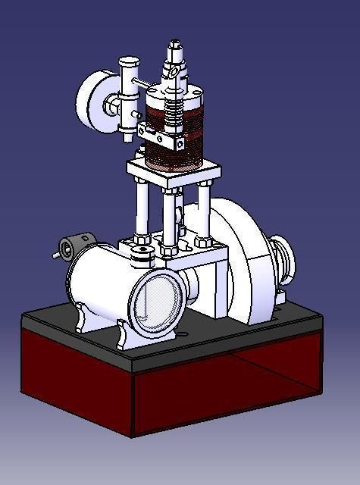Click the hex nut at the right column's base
pyautogui.click(x=203, y=242)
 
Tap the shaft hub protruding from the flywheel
pyautogui.click(x=286, y=258)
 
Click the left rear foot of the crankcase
pyautogui.click(x=83, y=319)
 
